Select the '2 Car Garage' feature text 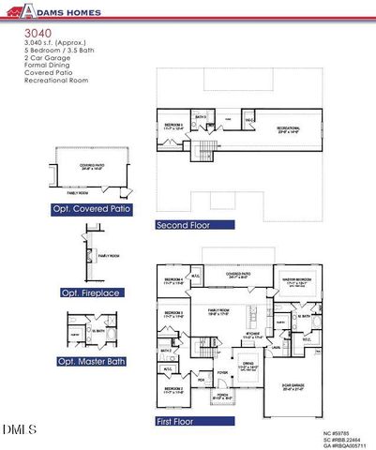tap(44, 59)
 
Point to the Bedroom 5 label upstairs tap(173, 126)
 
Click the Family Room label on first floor tap(218, 310)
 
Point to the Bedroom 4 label tap(173, 280)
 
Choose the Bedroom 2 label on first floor tap(173, 390)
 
